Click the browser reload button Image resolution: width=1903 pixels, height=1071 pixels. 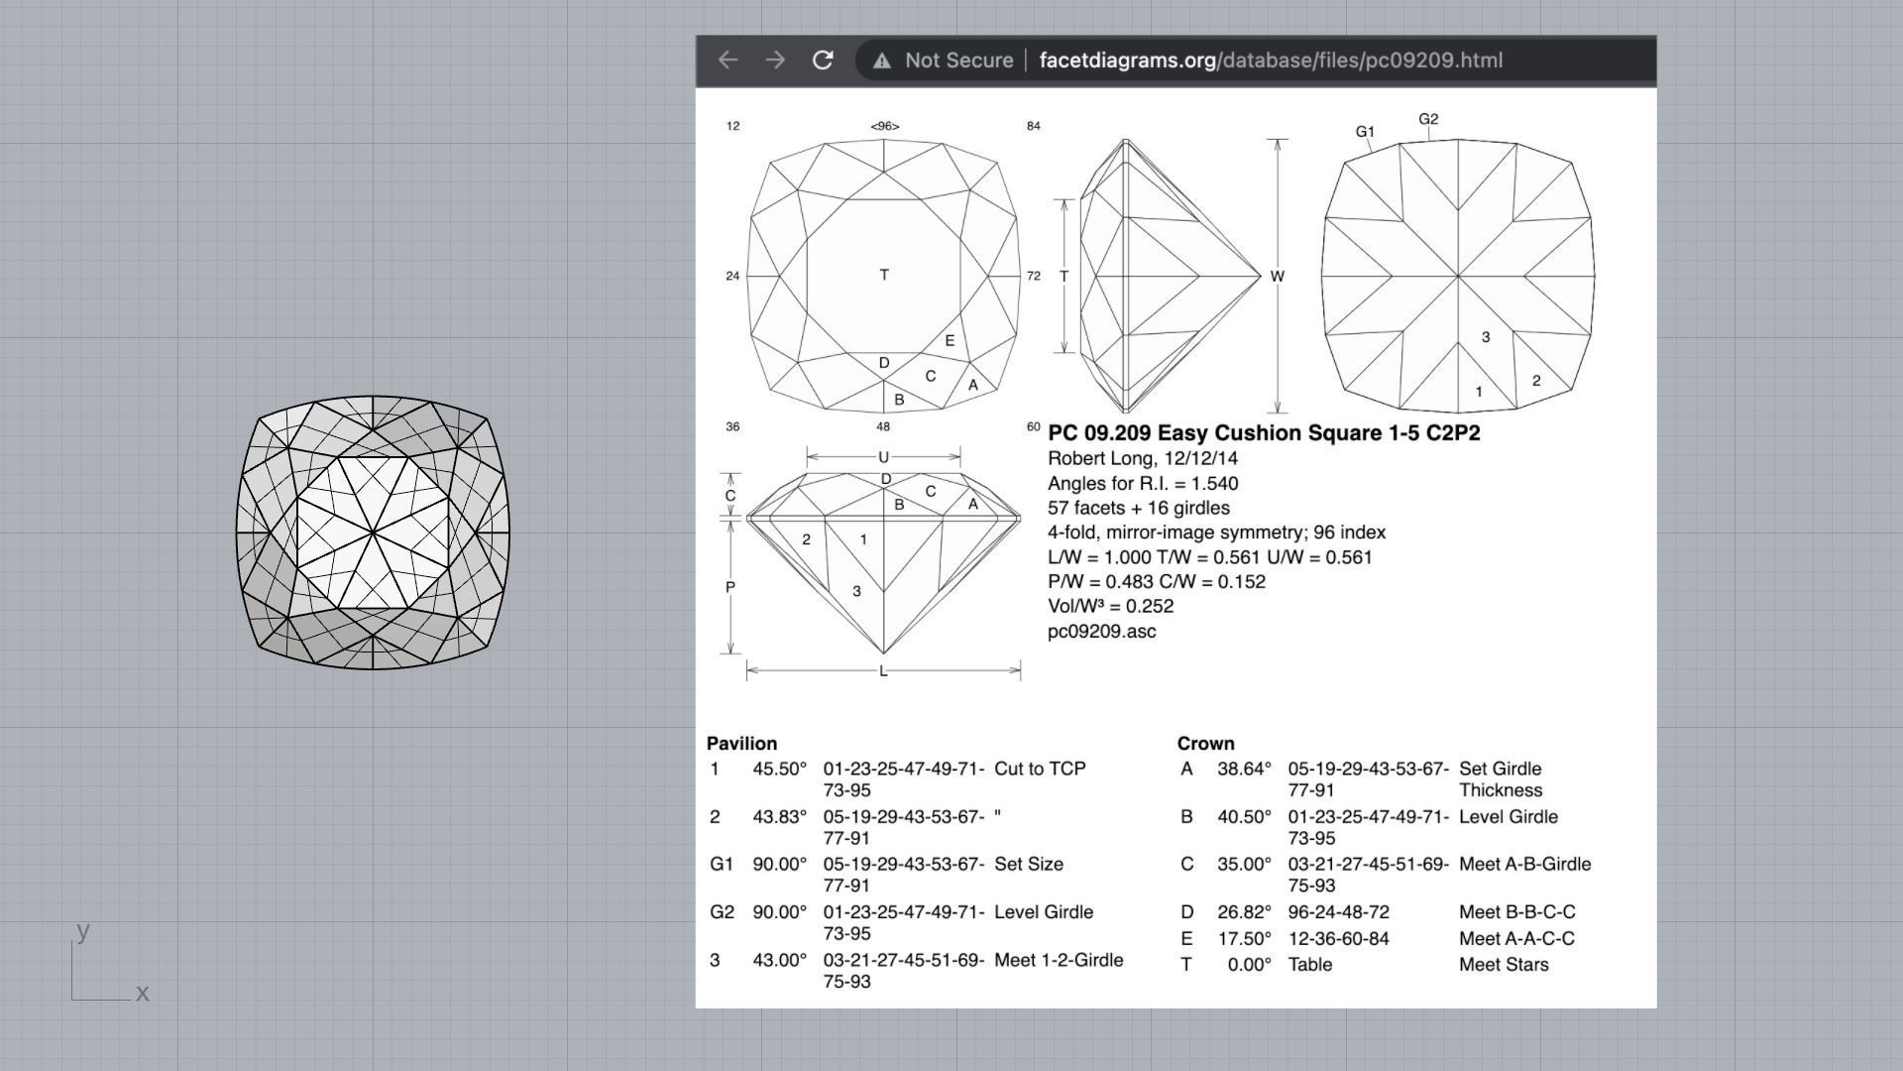[822, 60]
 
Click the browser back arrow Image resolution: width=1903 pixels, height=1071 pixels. [728, 60]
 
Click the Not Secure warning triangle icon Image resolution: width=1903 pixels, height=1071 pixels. [881, 61]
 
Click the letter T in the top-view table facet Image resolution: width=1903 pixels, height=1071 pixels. [884, 275]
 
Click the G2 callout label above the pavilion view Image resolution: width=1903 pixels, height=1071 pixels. [1428, 119]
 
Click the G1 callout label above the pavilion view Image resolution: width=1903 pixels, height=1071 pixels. [1365, 131]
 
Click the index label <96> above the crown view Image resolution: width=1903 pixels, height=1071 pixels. [884, 126]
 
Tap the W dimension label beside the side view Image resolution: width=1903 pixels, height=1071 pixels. [1277, 277]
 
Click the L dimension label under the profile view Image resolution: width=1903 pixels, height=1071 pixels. [883, 671]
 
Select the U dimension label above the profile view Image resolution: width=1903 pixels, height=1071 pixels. [883, 457]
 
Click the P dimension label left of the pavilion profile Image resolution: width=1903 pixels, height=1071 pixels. [730, 587]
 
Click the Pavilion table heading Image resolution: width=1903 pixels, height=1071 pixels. [741, 744]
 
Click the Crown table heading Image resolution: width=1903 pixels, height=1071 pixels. [1205, 744]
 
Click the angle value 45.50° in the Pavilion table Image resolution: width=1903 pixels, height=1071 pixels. [779, 769]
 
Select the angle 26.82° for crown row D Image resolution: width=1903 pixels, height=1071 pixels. [1244, 911]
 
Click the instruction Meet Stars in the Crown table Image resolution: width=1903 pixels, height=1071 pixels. [1503, 964]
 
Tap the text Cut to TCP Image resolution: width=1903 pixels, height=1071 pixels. [1040, 769]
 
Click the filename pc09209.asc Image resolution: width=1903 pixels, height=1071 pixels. [1101, 632]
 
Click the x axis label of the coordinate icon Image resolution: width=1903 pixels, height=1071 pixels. [143, 993]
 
